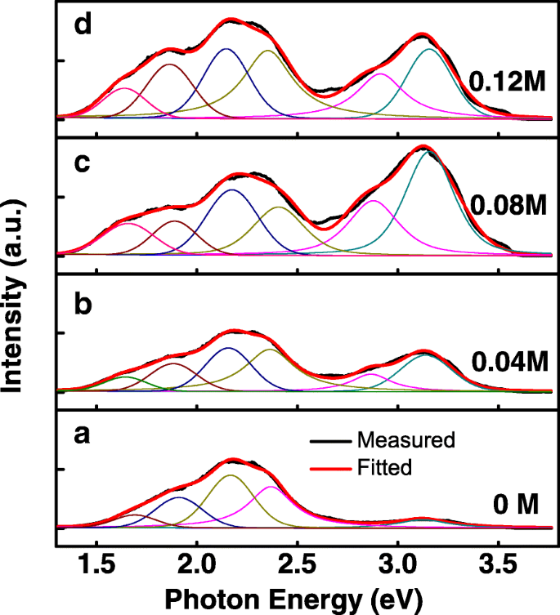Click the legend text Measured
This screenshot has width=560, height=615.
(405, 440)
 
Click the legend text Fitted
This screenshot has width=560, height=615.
(389, 468)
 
